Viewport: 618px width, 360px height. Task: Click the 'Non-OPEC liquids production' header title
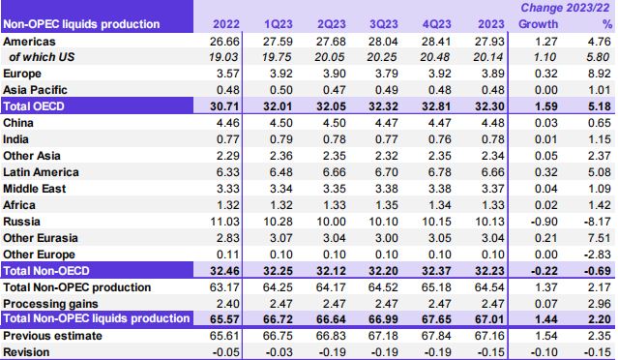[82, 22]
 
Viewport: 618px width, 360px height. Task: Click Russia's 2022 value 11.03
[236, 222]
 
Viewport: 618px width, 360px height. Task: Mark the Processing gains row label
[53, 304]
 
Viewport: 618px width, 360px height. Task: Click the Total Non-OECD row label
[51, 271]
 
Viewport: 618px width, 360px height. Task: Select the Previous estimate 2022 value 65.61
[236, 335]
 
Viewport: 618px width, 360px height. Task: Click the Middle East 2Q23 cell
[331, 189]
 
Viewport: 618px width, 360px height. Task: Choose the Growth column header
[524, 22]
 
